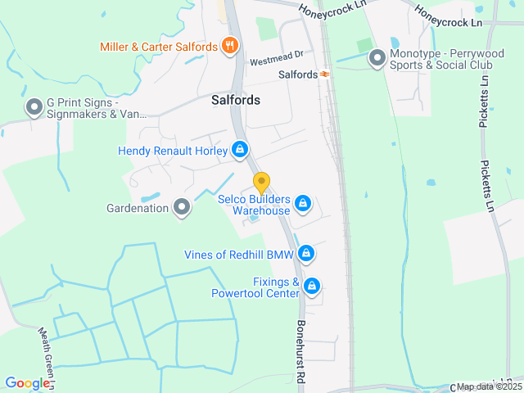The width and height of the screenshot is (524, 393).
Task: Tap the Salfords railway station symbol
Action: [x=325, y=75]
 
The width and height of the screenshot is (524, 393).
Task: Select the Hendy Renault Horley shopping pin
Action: [x=240, y=150]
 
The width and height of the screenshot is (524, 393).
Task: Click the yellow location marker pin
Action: [x=261, y=183]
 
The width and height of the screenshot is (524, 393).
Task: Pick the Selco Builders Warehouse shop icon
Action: [x=302, y=202]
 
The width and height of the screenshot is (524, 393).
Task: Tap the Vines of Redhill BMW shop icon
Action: [x=306, y=254]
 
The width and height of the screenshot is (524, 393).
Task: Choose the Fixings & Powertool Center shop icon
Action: [x=311, y=287]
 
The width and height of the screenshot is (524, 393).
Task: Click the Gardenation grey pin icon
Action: [x=182, y=208]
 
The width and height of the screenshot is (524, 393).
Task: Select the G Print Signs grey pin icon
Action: [x=34, y=106]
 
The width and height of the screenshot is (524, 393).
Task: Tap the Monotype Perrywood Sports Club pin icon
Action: [x=377, y=58]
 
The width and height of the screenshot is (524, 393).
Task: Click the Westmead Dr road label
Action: [x=276, y=61]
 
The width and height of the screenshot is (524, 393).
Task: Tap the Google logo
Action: [x=26, y=383]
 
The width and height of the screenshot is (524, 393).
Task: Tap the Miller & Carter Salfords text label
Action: [x=158, y=47]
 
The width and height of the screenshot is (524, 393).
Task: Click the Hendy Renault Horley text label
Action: [x=173, y=151]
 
